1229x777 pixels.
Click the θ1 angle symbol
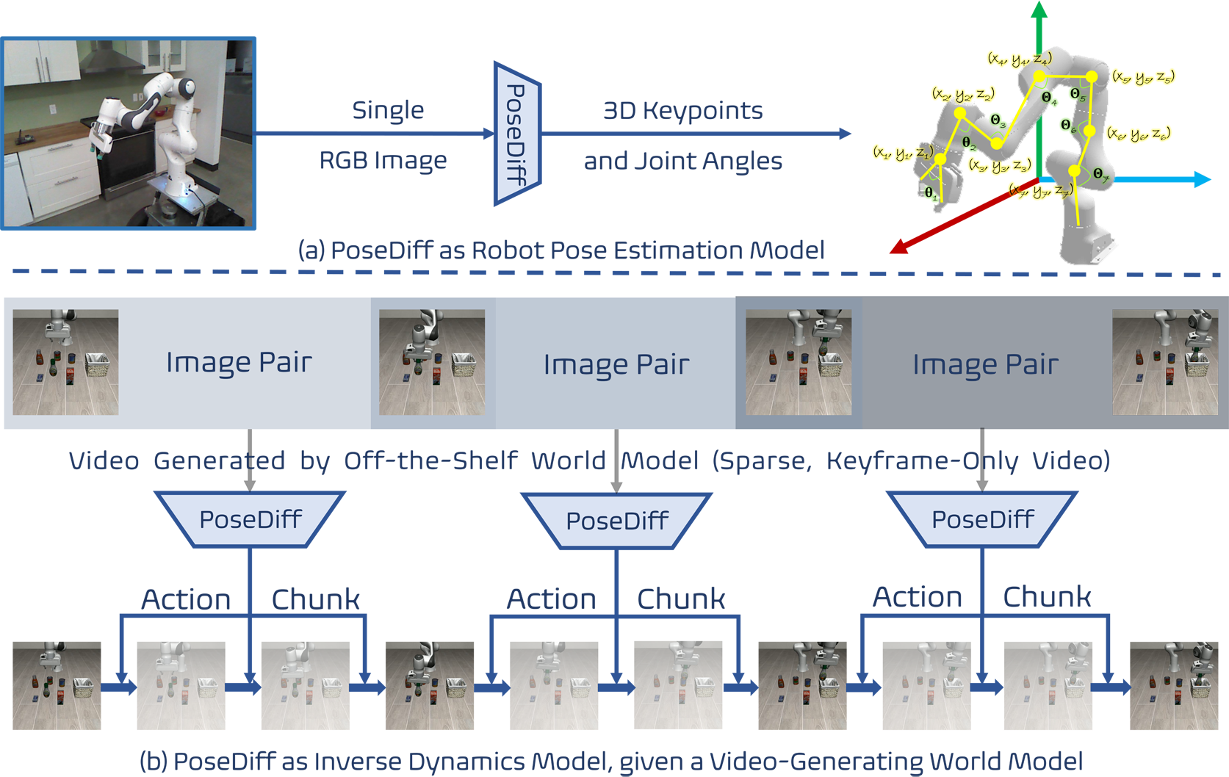[930, 193]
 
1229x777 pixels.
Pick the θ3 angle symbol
[997, 120]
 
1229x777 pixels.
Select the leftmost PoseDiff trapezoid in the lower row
[250, 519]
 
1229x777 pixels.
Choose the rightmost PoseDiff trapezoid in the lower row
[982, 519]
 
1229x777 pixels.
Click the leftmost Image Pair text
[239, 363]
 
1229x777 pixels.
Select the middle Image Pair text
[616, 364]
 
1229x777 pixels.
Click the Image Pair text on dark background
[985, 364]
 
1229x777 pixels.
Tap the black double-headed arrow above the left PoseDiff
[251, 460]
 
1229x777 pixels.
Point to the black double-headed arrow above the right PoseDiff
[982, 460]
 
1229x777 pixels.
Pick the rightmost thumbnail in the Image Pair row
[1164, 362]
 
